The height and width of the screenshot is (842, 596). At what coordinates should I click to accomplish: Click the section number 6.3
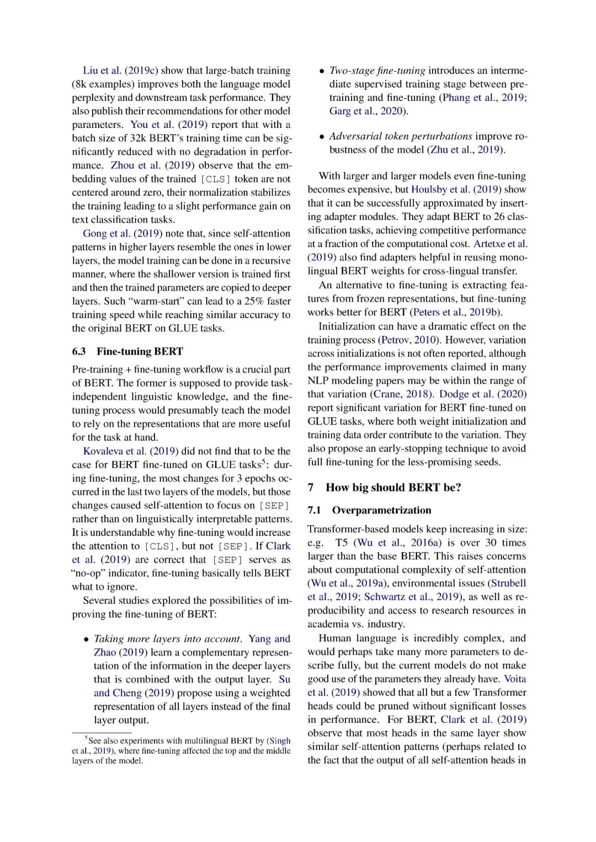[79, 352]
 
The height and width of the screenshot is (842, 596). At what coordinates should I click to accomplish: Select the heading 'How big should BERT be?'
[393, 487]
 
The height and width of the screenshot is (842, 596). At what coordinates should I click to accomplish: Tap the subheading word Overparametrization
[381, 511]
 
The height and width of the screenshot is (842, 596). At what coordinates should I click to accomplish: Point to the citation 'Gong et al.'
[107, 234]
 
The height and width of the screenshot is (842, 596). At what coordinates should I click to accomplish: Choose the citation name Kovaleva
[103, 451]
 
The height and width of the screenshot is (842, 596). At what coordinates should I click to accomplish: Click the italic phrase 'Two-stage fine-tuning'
[377, 71]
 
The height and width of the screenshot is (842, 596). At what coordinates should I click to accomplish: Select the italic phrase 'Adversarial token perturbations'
[401, 136]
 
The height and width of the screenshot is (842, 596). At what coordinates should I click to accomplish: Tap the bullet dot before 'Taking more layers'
[87, 640]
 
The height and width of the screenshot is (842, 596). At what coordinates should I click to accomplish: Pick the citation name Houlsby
[429, 190]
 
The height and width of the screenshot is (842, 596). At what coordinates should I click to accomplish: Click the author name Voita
[515, 679]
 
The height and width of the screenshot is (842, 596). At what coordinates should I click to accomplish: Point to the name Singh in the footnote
[280, 741]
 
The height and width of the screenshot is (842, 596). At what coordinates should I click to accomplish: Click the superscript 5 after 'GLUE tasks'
[264, 462]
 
